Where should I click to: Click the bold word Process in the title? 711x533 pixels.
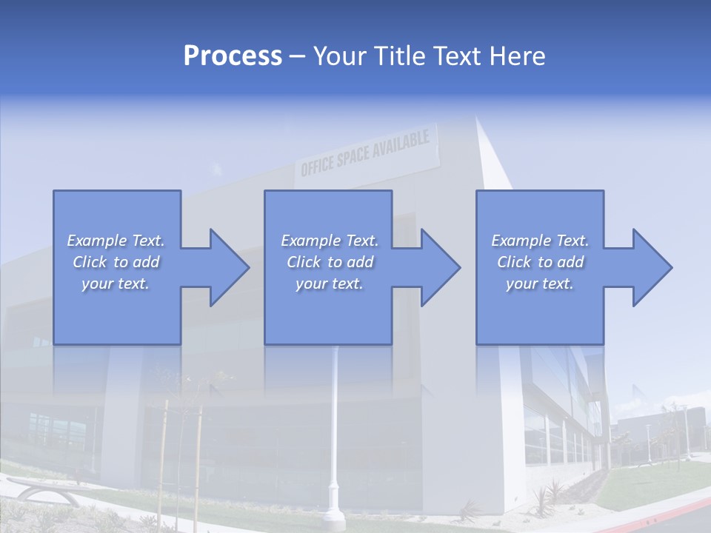(x=233, y=56)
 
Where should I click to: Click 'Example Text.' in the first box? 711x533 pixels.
(x=116, y=241)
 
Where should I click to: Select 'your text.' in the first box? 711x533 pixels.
(x=116, y=284)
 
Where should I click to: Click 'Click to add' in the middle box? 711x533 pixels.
(x=330, y=262)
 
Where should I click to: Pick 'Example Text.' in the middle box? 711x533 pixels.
(x=330, y=241)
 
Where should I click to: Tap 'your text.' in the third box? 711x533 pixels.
(x=540, y=284)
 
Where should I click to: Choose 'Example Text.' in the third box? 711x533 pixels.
(x=540, y=241)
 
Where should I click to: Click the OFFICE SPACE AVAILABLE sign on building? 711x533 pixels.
(x=365, y=155)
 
